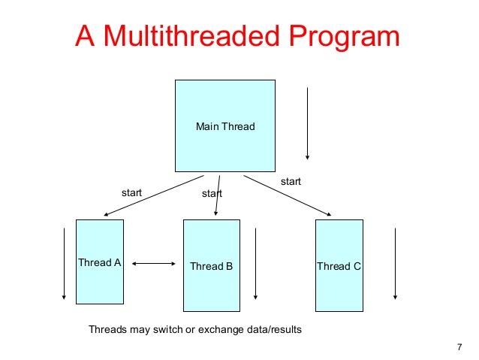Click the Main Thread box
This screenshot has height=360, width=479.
click(x=225, y=126)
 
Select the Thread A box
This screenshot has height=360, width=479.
click(x=100, y=262)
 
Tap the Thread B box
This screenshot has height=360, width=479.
click(x=212, y=265)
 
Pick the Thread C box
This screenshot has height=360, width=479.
click(x=339, y=265)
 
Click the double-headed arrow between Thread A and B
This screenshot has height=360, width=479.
click(x=154, y=263)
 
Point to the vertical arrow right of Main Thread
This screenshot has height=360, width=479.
click(x=307, y=123)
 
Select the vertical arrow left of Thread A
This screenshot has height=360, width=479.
click(x=64, y=263)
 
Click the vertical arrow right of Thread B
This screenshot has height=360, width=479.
click(x=255, y=263)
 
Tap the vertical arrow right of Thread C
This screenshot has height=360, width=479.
click(x=395, y=263)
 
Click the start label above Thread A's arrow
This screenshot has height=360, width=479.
click(x=131, y=192)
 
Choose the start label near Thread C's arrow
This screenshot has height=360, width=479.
click(x=291, y=181)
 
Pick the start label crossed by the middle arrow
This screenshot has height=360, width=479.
click(x=212, y=193)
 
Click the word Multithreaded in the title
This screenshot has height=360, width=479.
click(x=192, y=36)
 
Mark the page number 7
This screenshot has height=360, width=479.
click(x=459, y=347)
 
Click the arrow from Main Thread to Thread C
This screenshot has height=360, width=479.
click(x=287, y=195)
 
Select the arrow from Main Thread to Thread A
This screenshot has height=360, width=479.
click(x=154, y=195)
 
